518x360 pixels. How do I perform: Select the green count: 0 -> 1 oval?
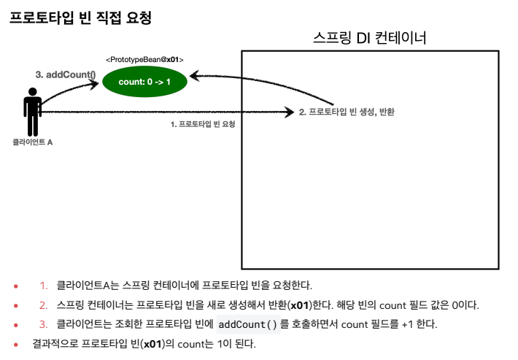144,82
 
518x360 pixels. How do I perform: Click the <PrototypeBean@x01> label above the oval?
144,59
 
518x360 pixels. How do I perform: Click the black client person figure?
32,113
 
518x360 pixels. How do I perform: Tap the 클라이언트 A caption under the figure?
33,142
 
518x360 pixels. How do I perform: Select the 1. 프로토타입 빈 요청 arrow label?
207,125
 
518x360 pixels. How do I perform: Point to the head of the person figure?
32,93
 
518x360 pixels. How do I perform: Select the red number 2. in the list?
44,305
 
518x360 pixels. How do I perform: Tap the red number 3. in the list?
44,323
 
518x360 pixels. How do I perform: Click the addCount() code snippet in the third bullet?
248,324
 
